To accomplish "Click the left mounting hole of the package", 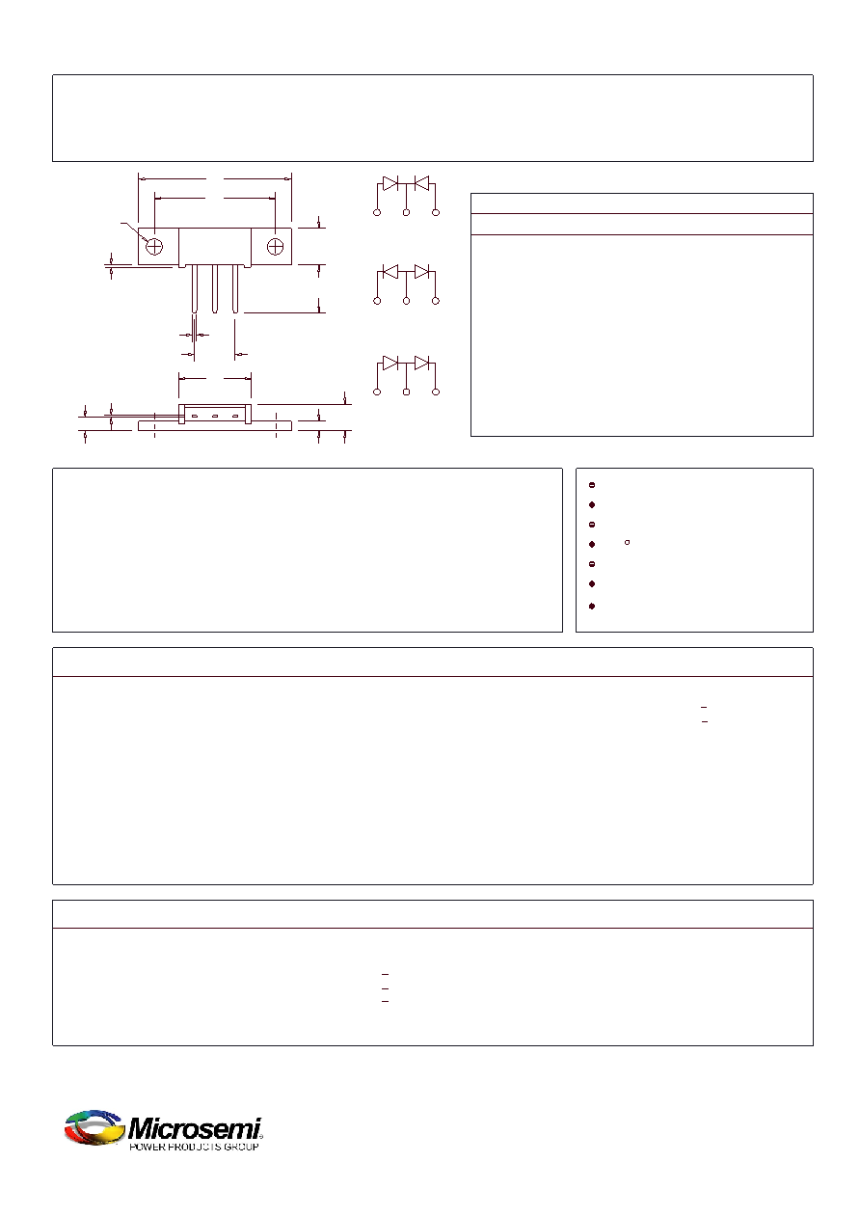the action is point(154,247).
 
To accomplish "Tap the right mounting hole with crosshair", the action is point(275,247).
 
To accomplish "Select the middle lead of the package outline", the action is point(215,288).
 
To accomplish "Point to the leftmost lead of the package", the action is point(194,288).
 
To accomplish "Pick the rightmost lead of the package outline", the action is point(235,288).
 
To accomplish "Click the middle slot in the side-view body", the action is point(215,417).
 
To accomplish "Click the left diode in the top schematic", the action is point(390,183).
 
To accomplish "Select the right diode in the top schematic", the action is point(421,183).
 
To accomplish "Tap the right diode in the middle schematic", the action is point(421,271).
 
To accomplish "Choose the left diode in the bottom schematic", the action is point(390,363).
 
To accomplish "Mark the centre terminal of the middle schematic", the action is point(407,301).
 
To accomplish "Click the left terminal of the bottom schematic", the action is point(377,392).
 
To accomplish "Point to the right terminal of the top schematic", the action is point(436,213).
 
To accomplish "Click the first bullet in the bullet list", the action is point(592,485).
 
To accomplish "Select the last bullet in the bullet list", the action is point(592,606).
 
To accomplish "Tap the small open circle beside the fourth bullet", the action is point(628,542).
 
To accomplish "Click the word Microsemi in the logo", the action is point(195,1129).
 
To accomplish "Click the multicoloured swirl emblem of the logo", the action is point(94,1128).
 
